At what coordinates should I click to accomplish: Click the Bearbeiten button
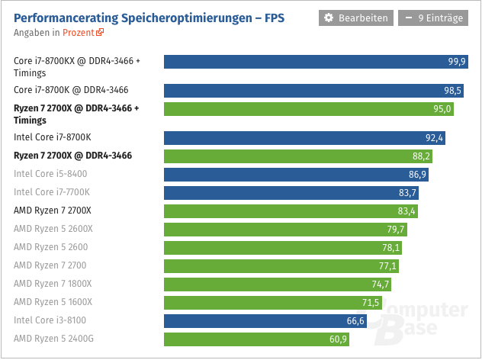(x=356, y=18)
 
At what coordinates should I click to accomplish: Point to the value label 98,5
(x=454, y=90)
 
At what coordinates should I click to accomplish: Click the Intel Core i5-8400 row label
(x=50, y=174)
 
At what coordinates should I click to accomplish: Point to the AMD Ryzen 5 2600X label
(x=53, y=229)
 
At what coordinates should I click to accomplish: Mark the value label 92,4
(x=434, y=138)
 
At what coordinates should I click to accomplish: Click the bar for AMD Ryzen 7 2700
(x=282, y=265)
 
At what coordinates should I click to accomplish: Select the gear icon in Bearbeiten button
(x=329, y=18)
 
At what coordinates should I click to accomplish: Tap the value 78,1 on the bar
(x=390, y=247)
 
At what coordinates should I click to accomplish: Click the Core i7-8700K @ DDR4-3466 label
(x=71, y=90)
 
